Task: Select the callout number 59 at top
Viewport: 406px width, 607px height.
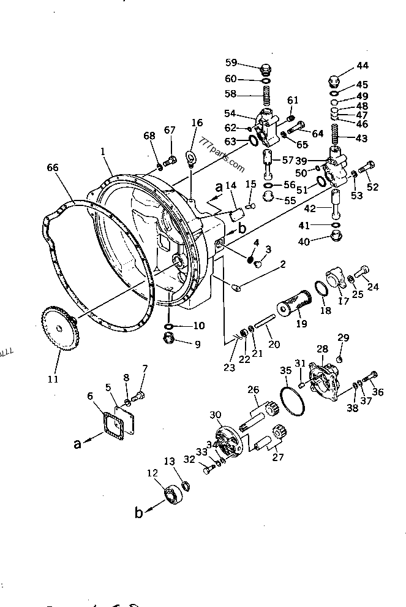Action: point(230,62)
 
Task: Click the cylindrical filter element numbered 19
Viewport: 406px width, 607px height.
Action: point(297,304)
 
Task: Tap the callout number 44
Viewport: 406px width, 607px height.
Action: point(363,66)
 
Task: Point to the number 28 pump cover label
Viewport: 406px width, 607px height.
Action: point(322,349)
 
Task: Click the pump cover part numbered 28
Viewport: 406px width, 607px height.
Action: point(325,381)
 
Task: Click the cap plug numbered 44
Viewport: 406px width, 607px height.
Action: point(334,80)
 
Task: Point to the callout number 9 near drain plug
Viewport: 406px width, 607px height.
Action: point(197,344)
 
